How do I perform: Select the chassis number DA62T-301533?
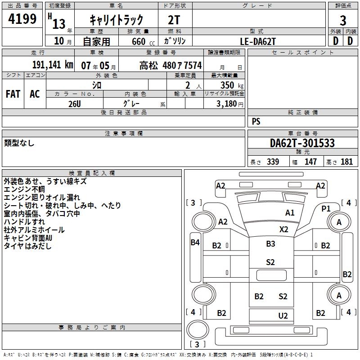coord(302,143)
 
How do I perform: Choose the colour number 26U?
coord(74,103)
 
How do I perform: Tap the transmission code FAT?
coord(13,94)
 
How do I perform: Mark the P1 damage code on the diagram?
coord(326,208)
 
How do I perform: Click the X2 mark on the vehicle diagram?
coord(283,229)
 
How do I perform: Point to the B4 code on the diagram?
coord(195,243)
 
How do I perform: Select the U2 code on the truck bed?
coord(283,316)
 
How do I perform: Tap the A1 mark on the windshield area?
coord(290,213)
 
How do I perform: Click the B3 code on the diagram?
coord(270,244)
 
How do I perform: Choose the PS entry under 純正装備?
coord(256,121)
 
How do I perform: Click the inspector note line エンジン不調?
coord(24,190)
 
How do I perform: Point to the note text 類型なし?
coord(19,143)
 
